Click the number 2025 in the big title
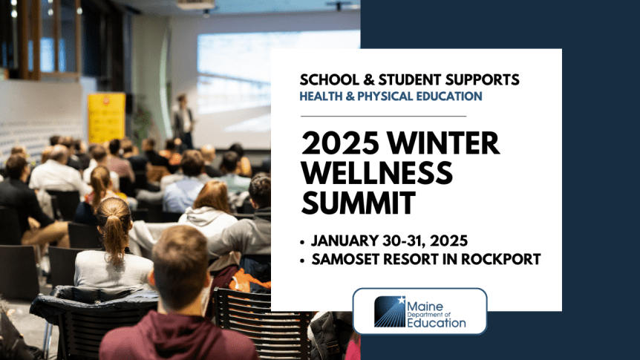point(336,143)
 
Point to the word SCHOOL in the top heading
point(333,79)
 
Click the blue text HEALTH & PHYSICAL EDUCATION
point(391,96)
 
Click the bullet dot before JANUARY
point(304,241)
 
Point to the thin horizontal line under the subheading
point(383,117)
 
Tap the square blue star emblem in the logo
point(390,312)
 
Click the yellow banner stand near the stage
point(106,117)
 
